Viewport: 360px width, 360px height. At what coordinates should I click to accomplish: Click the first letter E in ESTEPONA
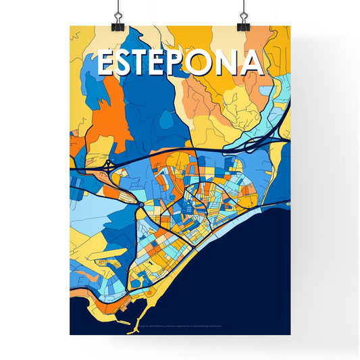(x=107, y=62)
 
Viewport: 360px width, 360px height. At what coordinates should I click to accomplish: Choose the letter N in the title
(x=229, y=62)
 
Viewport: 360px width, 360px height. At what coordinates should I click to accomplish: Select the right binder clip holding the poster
(x=243, y=20)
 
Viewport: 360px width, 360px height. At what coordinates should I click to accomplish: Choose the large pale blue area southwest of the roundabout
(x=101, y=220)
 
